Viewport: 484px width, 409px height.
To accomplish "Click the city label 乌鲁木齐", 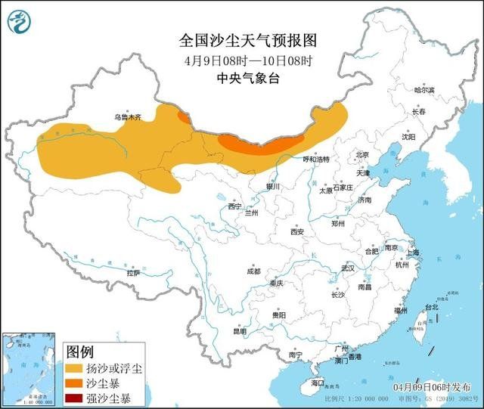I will click(128, 117).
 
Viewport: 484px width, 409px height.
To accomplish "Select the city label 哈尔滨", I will click(424, 90).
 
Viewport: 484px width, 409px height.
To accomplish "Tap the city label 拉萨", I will click(134, 273).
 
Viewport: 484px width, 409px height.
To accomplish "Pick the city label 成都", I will click(253, 271).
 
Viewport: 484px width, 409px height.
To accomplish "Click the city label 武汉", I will click(347, 268).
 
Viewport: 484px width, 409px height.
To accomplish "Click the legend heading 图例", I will click(80, 352).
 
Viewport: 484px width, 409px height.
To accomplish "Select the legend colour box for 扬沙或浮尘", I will click(74, 368).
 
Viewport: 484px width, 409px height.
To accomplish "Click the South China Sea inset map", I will click(30, 367).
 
